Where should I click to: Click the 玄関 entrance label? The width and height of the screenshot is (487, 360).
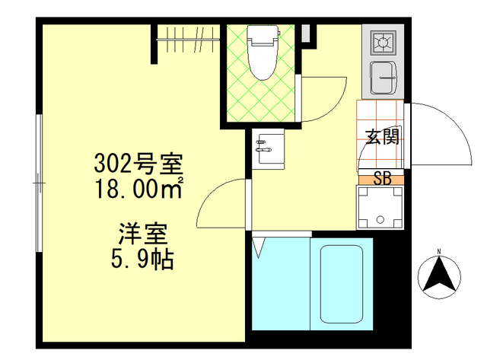381,137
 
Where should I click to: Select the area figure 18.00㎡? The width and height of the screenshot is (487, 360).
137,186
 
